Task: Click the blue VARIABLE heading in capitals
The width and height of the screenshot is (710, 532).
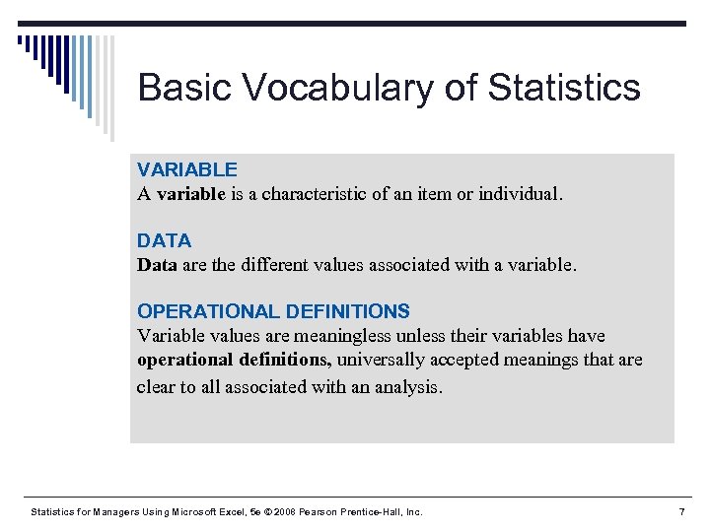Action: click(x=186, y=169)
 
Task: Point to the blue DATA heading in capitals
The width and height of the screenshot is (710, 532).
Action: click(x=164, y=240)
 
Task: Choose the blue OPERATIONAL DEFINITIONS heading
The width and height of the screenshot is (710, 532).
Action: click(x=273, y=311)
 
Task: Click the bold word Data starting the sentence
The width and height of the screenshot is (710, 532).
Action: click(x=157, y=265)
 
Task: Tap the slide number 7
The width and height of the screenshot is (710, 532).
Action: click(x=681, y=511)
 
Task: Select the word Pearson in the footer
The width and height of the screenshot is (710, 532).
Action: click(x=319, y=512)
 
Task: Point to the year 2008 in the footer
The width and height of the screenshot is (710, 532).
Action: click(x=283, y=512)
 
